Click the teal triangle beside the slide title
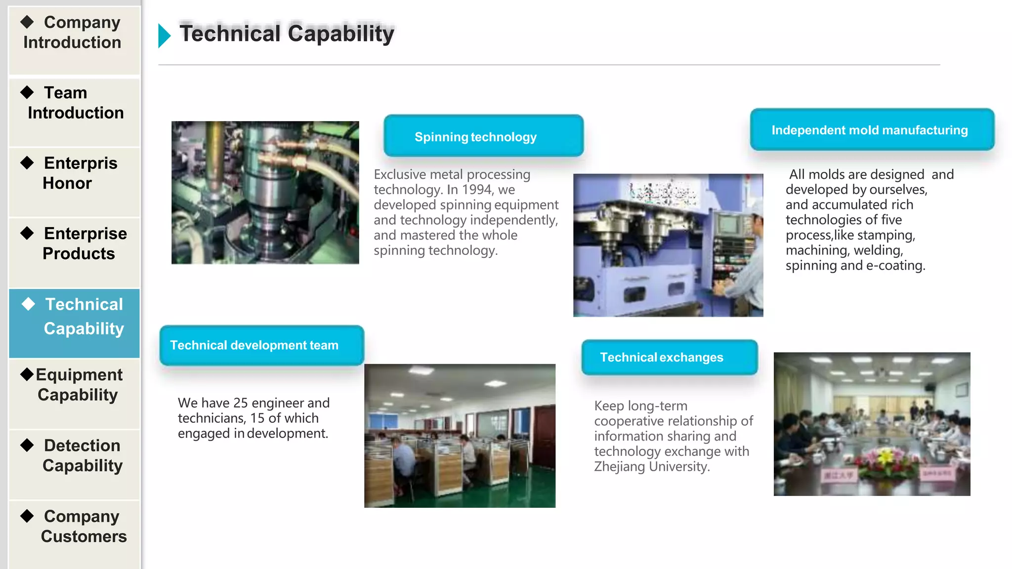(x=164, y=36)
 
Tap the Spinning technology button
(x=483, y=136)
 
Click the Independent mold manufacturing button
(x=872, y=130)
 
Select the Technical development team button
(x=261, y=345)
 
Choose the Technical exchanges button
(x=669, y=357)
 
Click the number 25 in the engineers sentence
(x=241, y=403)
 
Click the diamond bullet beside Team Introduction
(x=27, y=92)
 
